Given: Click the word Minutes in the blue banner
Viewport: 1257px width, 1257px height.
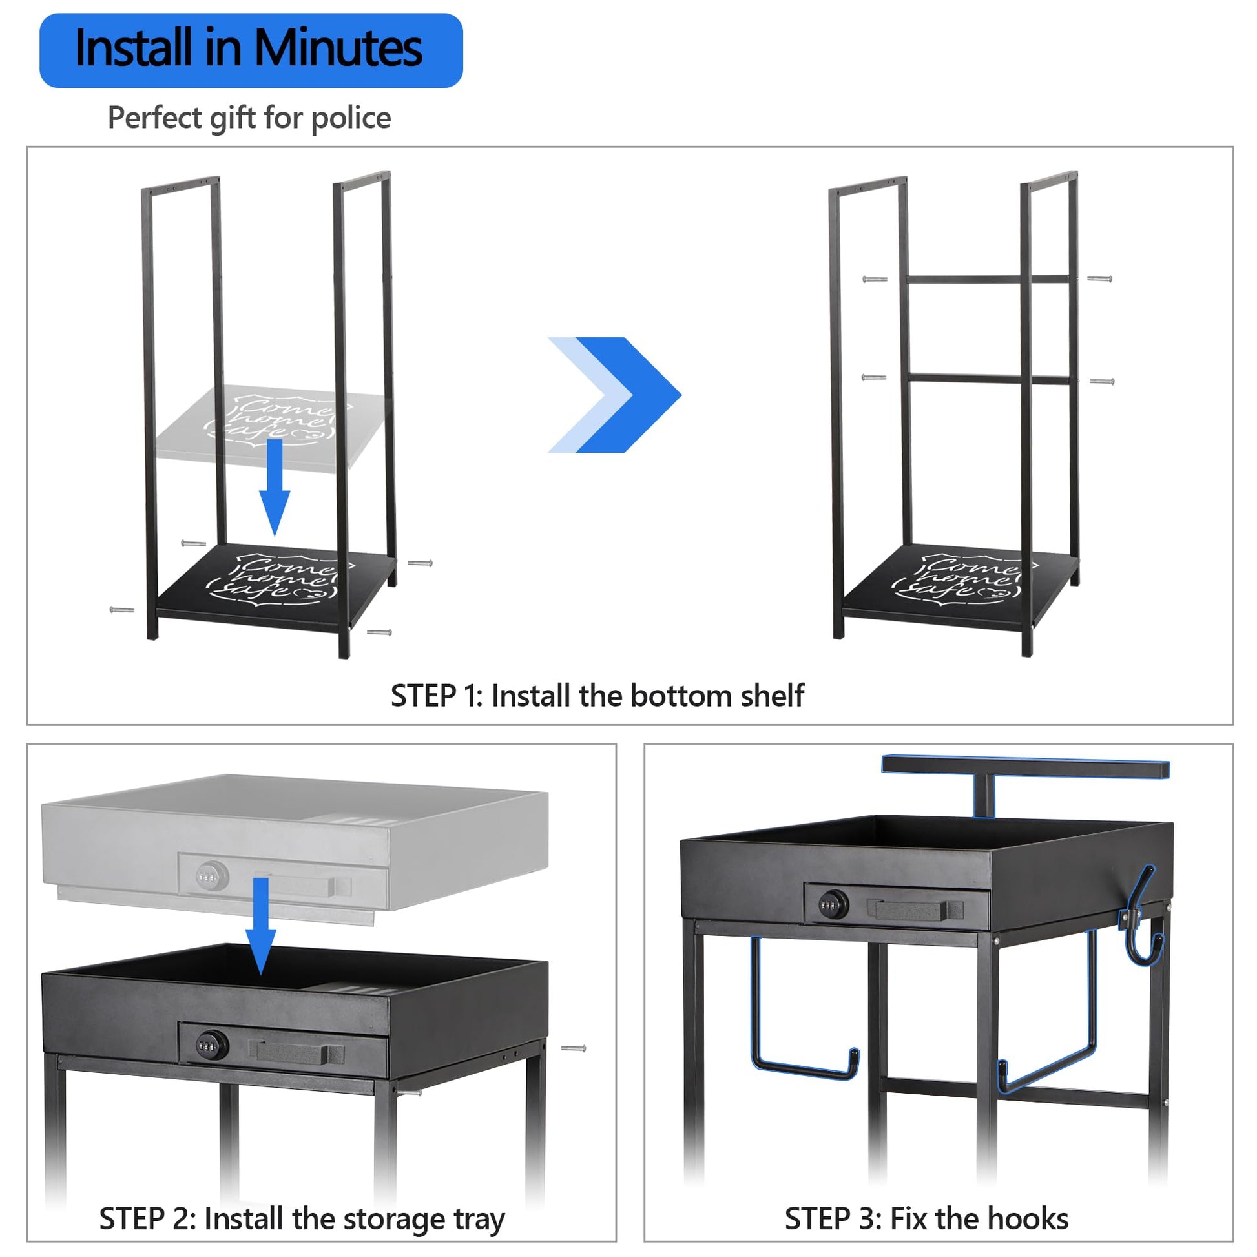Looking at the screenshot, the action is (338, 48).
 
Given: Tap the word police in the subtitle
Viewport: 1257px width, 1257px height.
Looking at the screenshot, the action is (351, 118).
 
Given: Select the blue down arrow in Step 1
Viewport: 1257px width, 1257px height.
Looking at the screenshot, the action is (275, 487).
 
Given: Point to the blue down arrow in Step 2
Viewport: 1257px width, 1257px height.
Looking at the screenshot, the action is (261, 926).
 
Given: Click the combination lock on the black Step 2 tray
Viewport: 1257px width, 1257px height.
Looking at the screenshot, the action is (213, 1046).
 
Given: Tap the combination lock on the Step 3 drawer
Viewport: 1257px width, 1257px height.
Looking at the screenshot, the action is (833, 905).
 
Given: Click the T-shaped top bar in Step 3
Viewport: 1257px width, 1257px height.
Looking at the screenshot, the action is (1025, 769).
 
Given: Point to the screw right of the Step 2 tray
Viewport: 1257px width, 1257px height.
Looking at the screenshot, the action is (574, 1048).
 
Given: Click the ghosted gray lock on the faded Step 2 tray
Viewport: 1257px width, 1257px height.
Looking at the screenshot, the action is (213, 876).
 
